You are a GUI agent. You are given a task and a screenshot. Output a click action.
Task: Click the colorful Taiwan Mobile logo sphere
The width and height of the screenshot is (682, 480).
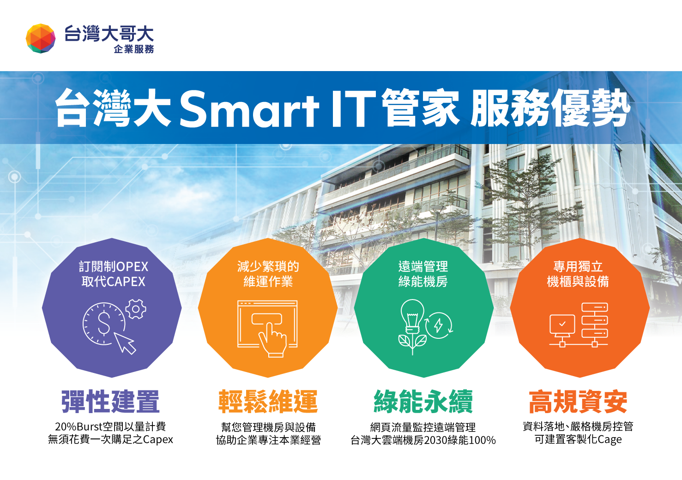41,38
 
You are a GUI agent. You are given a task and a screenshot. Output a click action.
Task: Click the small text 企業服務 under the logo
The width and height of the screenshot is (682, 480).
134,49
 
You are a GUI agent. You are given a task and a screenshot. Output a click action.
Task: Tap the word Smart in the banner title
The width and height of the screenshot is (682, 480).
249,109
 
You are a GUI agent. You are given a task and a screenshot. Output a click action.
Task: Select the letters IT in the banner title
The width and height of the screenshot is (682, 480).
354,108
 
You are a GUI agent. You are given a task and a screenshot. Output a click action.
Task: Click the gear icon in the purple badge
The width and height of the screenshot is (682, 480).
136,309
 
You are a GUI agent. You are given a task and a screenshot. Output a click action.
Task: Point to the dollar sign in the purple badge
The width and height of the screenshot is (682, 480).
104,323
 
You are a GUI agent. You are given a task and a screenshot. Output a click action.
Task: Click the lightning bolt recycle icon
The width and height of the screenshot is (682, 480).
439,325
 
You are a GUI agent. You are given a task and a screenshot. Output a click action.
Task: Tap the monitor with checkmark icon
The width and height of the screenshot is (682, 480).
562,326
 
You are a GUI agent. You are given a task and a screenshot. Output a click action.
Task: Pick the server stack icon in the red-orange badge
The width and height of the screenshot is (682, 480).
595,320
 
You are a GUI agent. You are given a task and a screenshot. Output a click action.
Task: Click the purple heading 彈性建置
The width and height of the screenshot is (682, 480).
110,402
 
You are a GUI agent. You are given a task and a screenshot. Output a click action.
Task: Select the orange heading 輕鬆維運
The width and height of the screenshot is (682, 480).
268,402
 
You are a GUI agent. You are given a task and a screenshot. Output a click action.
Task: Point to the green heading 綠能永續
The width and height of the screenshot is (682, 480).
423,402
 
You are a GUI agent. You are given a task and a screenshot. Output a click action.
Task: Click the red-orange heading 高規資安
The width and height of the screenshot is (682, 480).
578,402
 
